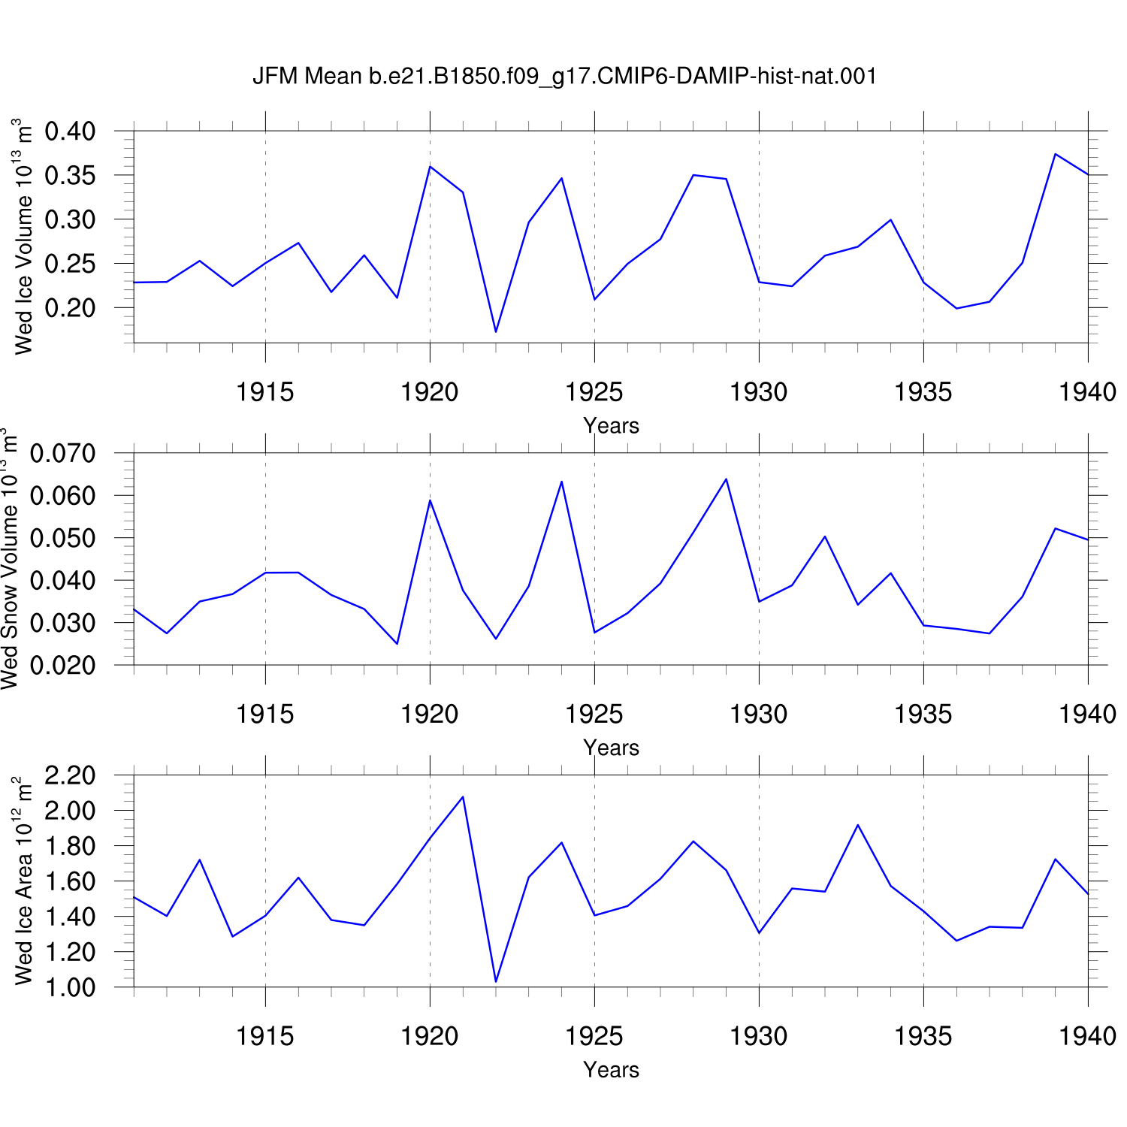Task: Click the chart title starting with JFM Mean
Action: point(564,76)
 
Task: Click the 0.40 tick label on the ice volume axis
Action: point(70,131)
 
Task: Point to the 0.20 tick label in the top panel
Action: point(70,308)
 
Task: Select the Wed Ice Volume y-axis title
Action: point(23,236)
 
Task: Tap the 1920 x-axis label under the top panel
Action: point(430,392)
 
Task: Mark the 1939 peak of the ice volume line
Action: point(1055,154)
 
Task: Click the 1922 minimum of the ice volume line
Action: point(496,331)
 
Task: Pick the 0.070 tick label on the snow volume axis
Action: point(63,453)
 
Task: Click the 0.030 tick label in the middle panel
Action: point(63,623)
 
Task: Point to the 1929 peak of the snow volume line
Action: point(726,479)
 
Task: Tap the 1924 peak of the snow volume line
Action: point(561,482)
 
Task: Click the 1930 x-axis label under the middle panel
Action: point(759,715)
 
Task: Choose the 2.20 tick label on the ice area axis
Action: point(70,775)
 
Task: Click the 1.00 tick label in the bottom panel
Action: point(70,987)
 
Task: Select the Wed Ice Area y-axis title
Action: point(23,881)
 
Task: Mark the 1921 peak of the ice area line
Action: point(463,796)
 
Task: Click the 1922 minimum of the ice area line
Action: point(496,981)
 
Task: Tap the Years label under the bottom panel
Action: point(612,1070)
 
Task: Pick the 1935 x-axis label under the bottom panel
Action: point(923,1037)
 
